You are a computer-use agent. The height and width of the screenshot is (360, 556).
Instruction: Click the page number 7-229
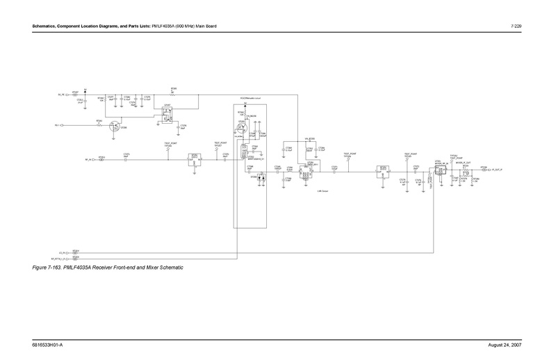(516, 26)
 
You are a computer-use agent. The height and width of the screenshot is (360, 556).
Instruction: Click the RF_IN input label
(89, 159)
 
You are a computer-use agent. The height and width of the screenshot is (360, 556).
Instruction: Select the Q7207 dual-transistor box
(167, 115)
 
